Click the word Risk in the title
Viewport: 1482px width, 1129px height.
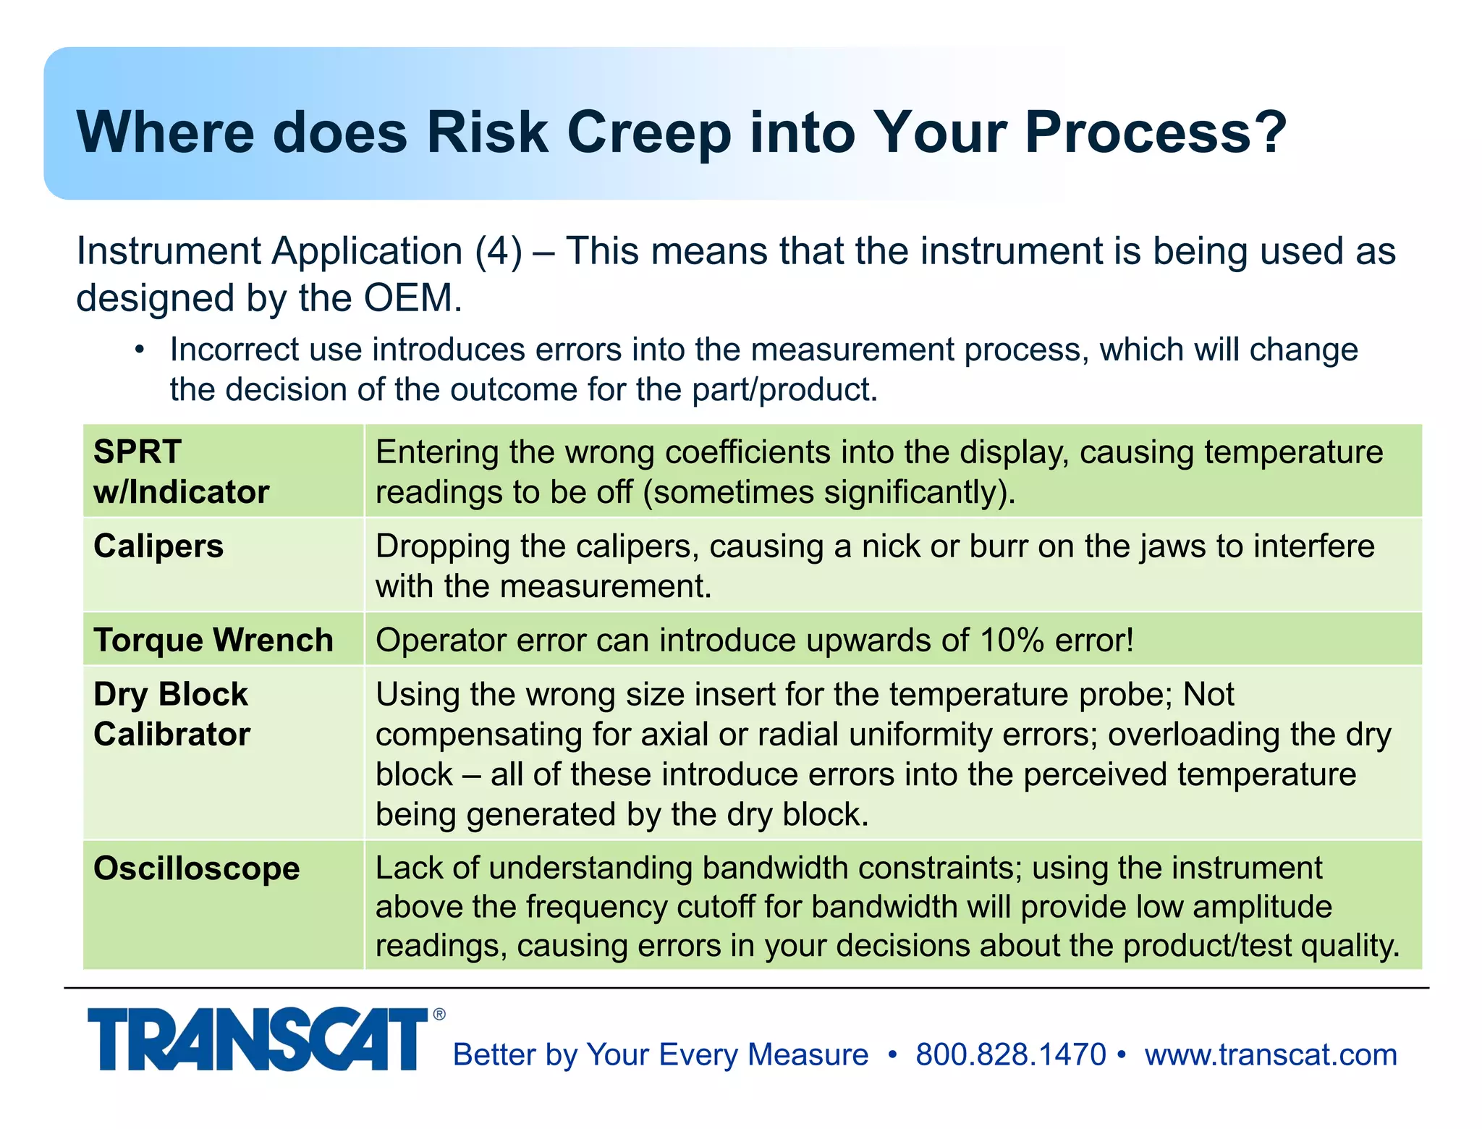pos(487,132)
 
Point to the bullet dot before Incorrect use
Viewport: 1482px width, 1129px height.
pos(140,350)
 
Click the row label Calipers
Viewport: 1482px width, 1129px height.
pos(158,546)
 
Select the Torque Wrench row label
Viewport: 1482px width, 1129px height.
pos(213,640)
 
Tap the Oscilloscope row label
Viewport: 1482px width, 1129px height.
pos(197,868)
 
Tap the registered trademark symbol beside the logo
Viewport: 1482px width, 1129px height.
pos(439,1015)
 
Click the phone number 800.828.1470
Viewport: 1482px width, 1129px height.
pos(1010,1054)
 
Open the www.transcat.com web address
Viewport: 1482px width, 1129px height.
pos(1270,1054)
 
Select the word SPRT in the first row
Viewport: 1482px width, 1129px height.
pos(137,452)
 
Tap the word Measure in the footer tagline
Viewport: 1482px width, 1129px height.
pos(808,1054)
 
